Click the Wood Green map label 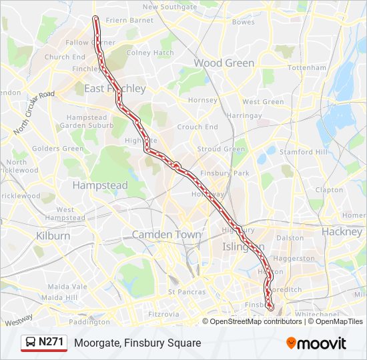(224, 63)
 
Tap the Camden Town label (166, 235)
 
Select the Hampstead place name (99, 185)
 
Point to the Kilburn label (53, 236)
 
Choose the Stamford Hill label (304, 152)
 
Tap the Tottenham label (308, 68)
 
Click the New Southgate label (169, 7)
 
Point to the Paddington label (89, 322)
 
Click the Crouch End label (198, 127)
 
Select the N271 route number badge (51, 343)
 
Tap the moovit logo (316, 343)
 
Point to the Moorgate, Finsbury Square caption (137, 343)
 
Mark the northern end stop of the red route (95, 18)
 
